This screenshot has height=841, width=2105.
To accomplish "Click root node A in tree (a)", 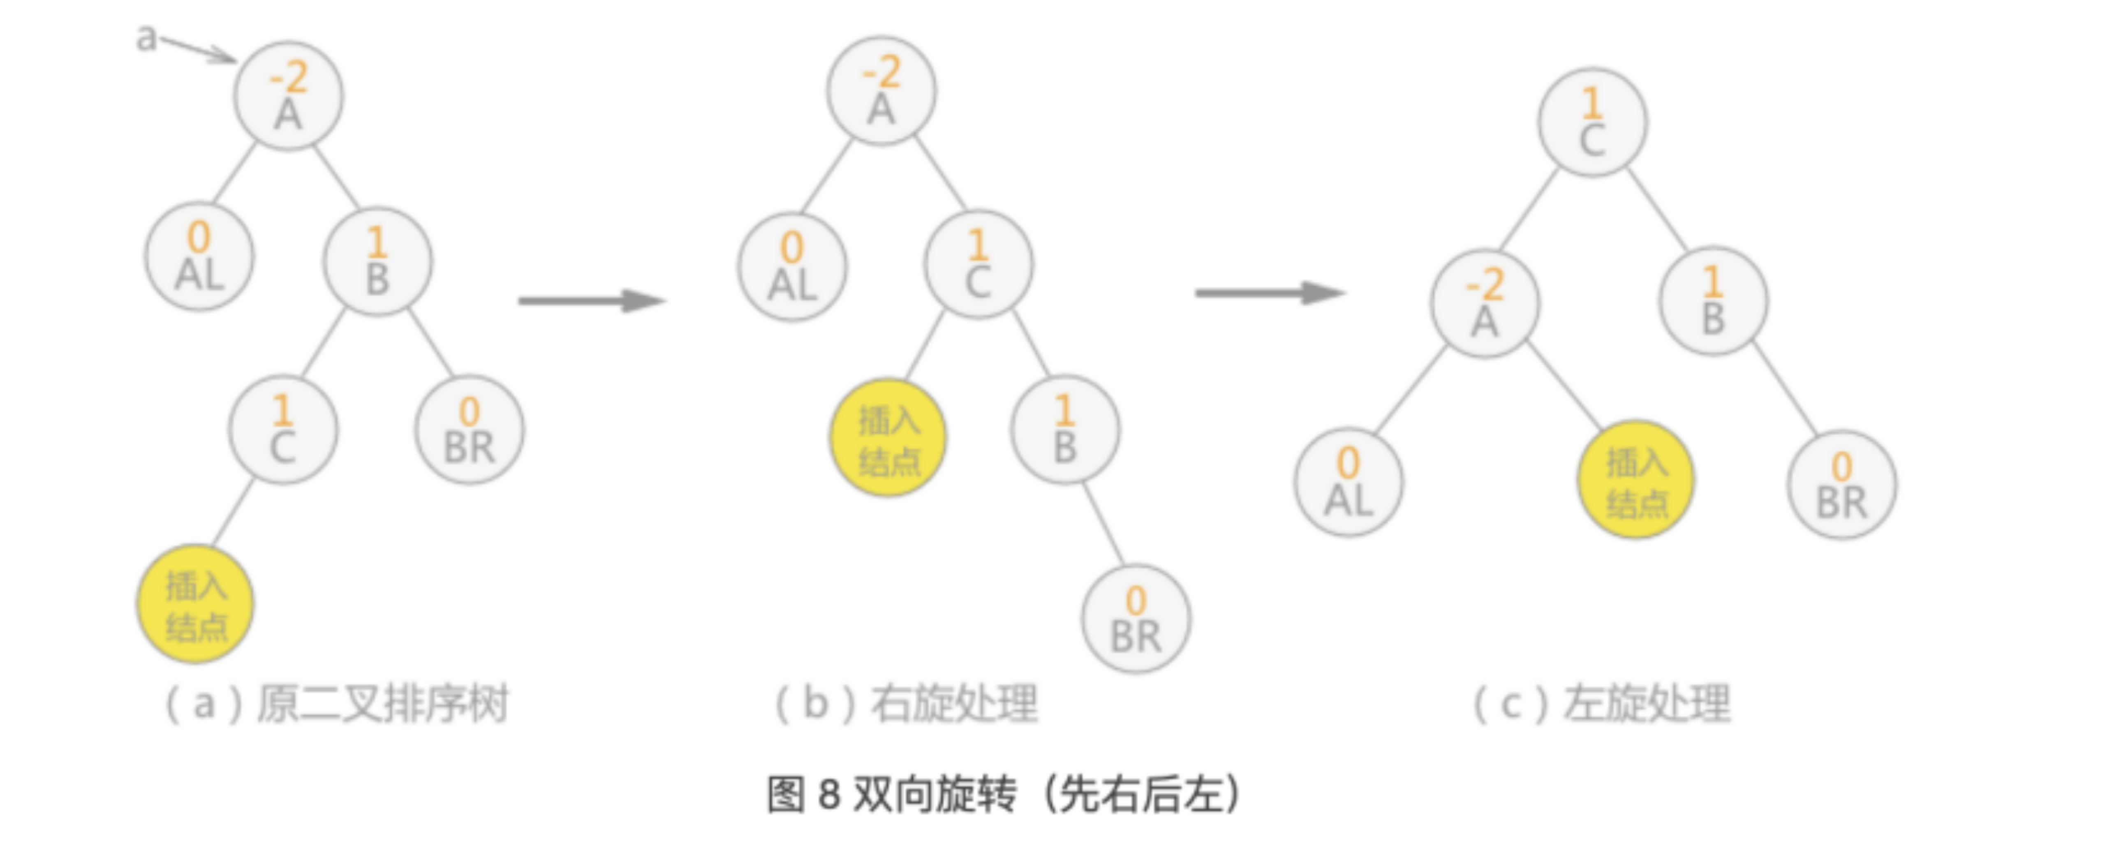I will [x=289, y=97].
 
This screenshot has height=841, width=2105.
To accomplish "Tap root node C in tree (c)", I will [x=1592, y=122].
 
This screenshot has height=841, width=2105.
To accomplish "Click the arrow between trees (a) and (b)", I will [x=592, y=301].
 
